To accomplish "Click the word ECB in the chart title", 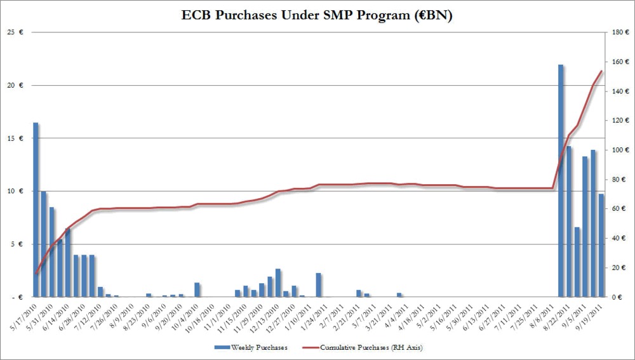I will pos(201,16).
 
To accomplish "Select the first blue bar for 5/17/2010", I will pos(36,210).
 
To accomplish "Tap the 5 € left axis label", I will pos(18,244).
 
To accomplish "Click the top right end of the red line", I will pos(601,71).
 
